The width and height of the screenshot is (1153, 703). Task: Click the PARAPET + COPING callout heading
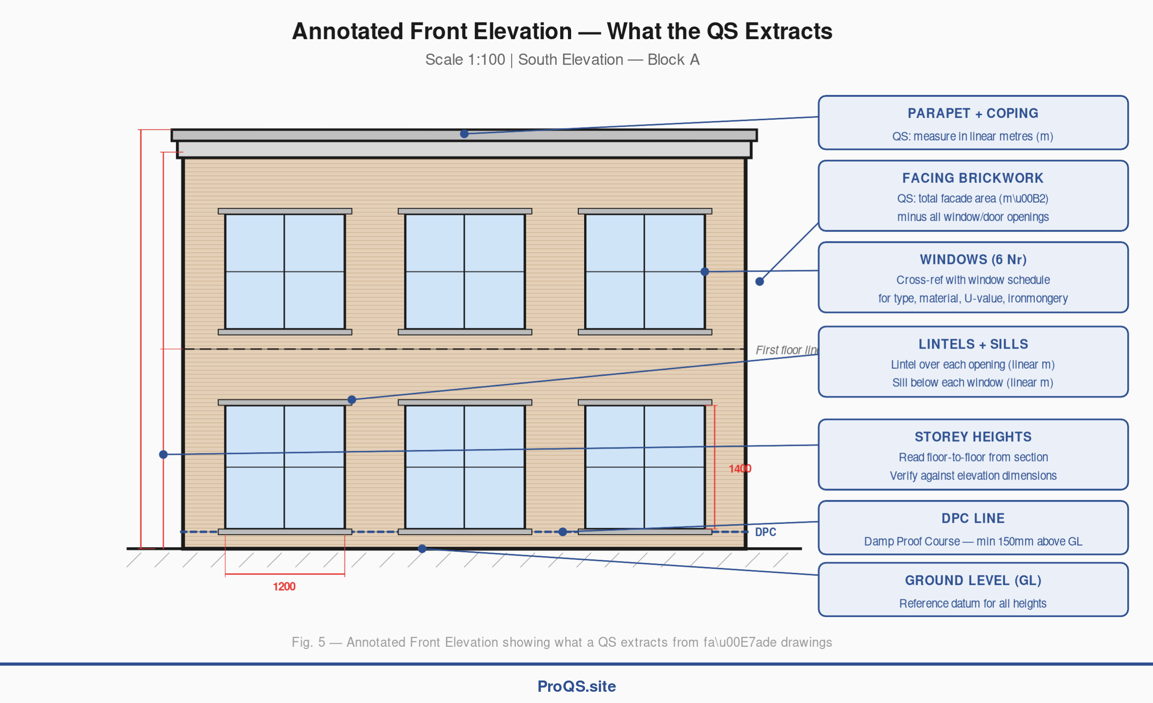coord(972,113)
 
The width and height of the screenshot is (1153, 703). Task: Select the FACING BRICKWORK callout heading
coord(972,178)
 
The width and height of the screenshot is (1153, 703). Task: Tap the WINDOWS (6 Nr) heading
coord(972,259)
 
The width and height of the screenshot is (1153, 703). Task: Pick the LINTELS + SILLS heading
coord(972,344)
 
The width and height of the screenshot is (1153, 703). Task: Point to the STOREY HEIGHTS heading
coord(972,437)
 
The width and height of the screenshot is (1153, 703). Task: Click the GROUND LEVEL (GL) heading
coord(972,581)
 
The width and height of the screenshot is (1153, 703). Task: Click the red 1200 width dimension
coord(284,586)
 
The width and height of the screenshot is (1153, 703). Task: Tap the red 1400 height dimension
coord(740,468)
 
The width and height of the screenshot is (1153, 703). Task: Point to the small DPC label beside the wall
coord(765,532)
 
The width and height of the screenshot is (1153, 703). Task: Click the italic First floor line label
coord(786,350)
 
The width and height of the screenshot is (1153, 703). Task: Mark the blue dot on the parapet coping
coord(464,134)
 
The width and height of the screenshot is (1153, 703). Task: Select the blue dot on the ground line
coord(422,549)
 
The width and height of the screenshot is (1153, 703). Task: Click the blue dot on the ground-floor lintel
coord(352,400)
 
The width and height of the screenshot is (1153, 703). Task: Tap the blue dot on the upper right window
coord(705,272)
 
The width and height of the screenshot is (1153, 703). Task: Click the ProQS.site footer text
coord(576,686)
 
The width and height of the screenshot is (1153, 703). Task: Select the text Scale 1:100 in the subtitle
coord(465,60)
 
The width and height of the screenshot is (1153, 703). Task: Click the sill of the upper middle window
coord(465,332)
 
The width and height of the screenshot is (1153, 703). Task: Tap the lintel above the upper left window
coord(285,211)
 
